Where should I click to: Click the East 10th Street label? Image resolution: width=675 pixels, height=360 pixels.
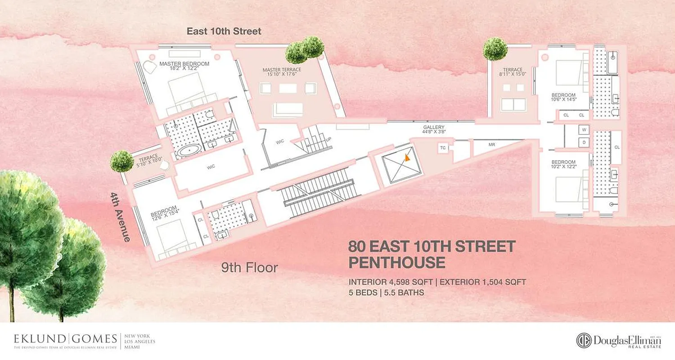click(224, 31)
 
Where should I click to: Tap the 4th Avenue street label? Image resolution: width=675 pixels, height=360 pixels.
click(119, 217)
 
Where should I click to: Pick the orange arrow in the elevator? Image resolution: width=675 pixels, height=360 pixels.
click(407, 157)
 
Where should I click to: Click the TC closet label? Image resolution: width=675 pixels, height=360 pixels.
click(443, 148)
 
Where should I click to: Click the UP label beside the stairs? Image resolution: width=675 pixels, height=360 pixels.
click(328, 139)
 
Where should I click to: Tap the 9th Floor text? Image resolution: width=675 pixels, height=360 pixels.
click(249, 268)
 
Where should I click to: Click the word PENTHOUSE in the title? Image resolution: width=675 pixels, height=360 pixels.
click(397, 262)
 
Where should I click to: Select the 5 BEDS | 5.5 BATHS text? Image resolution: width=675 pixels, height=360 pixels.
click(386, 292)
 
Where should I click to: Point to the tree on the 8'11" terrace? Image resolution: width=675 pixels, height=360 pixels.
click(495, 49)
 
